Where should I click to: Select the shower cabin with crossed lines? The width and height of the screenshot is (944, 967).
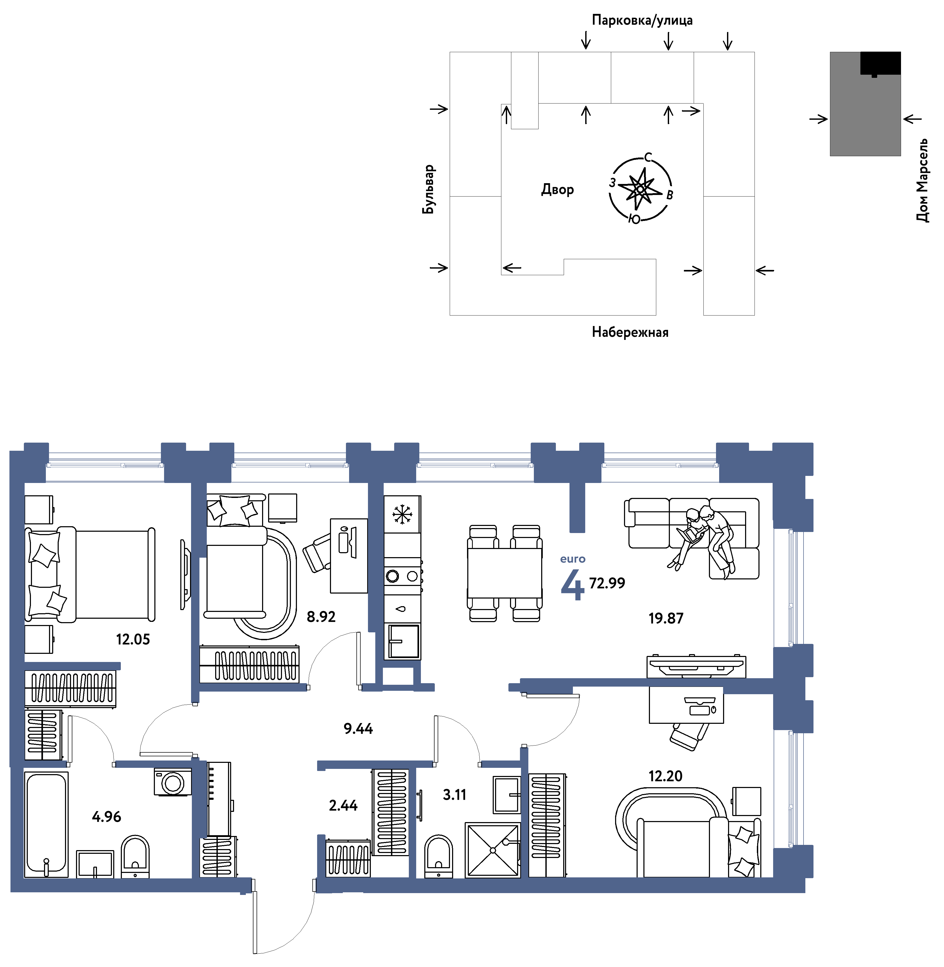coord(493,850)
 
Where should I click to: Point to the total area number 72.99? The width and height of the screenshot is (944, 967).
coord(607,583)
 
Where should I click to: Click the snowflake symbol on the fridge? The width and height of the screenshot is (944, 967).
coord(402,514)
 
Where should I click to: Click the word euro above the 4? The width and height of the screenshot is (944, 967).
coord(573,559)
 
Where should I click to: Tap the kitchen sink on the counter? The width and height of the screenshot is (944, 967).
coord(404,642)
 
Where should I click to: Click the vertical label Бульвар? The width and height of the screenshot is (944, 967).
coord(428,189)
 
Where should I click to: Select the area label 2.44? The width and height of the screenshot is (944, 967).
coord(343,805)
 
